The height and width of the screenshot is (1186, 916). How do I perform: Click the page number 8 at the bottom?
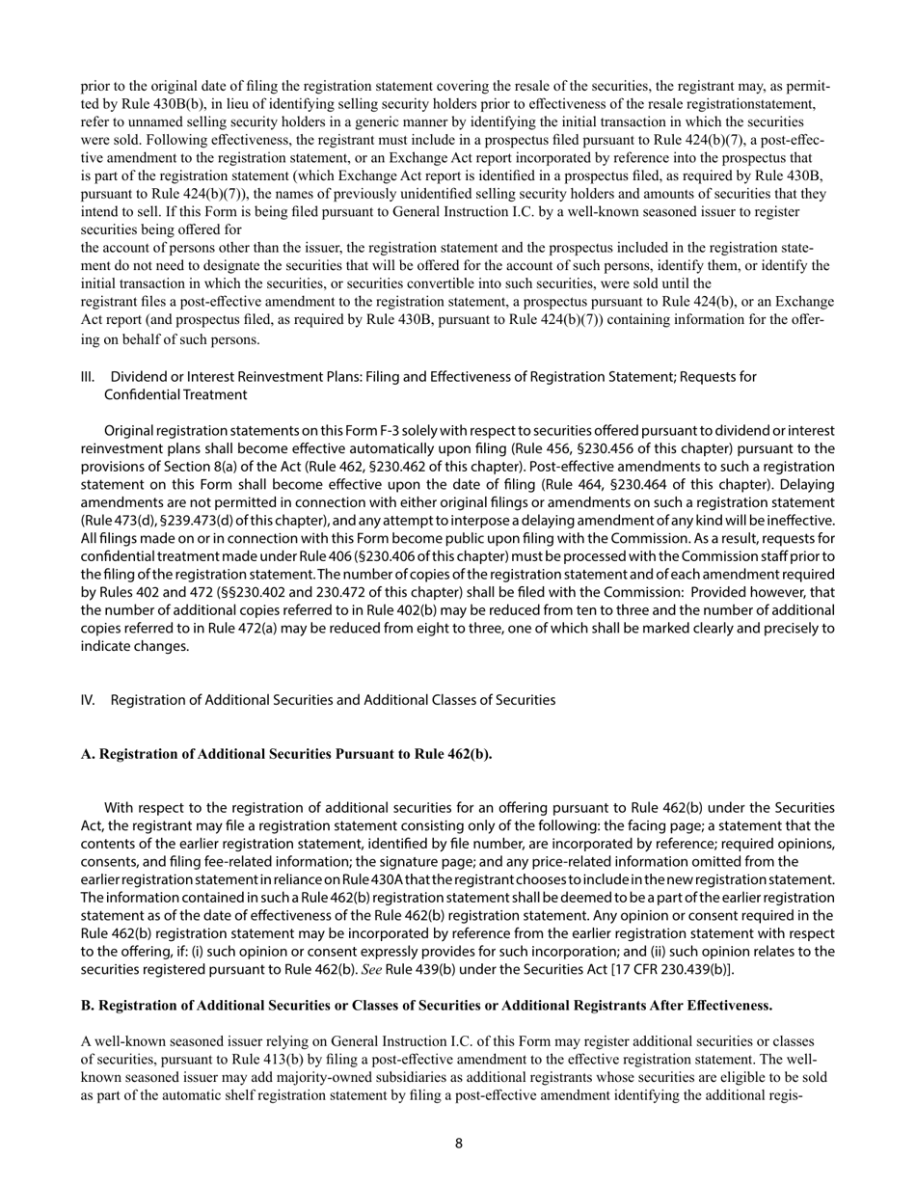tap(458, 1144)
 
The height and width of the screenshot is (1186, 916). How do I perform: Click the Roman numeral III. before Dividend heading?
tap(89, 376)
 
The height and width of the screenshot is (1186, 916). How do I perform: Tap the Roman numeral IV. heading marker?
tap(89, 700)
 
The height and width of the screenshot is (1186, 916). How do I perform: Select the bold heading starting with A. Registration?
tap(285, 754)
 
